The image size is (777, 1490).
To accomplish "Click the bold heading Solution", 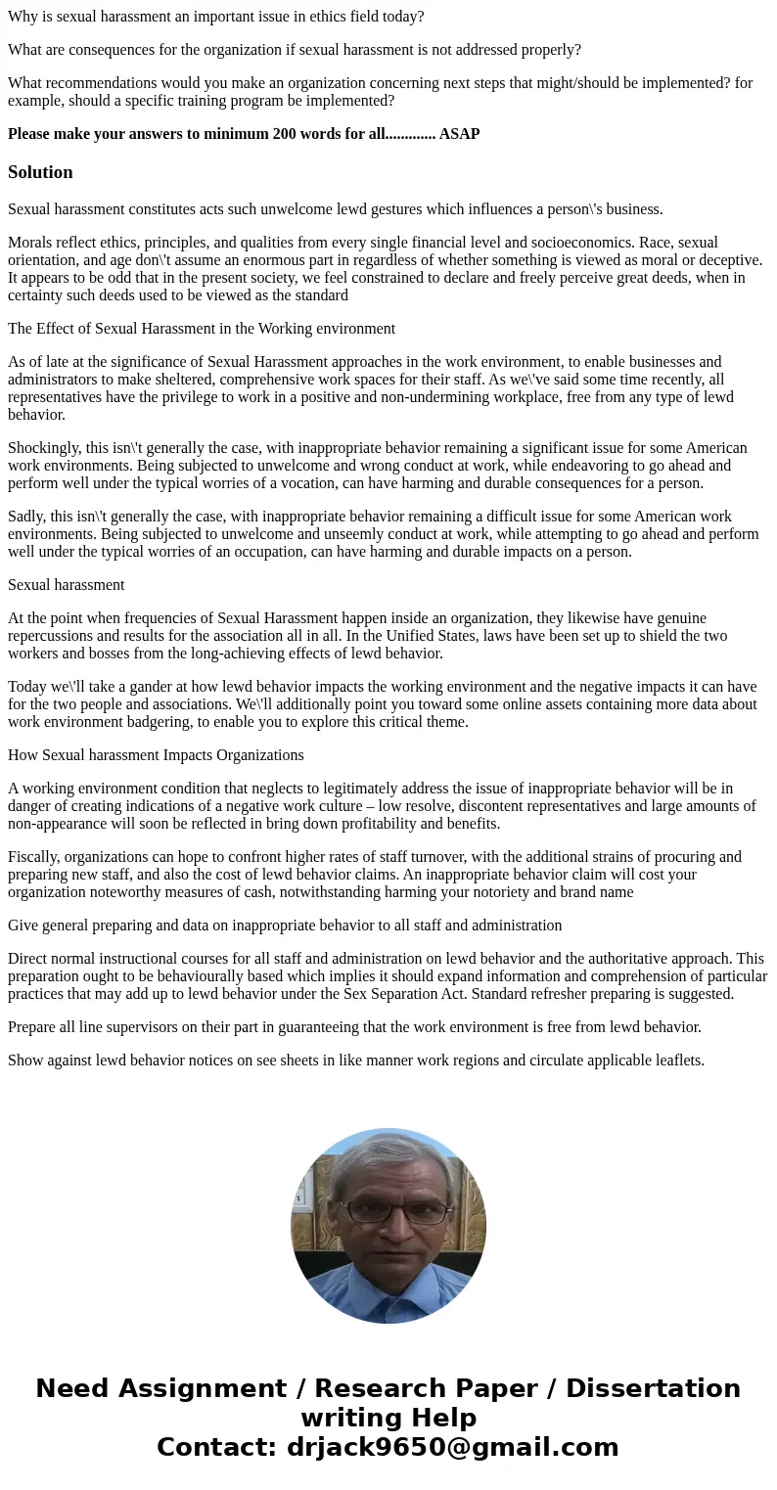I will [x=40, y=172].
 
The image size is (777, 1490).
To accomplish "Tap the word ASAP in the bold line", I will [x=459, y=134].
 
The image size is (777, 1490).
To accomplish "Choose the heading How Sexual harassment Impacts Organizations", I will [x=156, y=755].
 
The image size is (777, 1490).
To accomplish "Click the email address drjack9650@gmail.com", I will [x=452, y=1448].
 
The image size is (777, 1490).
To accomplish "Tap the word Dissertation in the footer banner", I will [x=653, y=1389].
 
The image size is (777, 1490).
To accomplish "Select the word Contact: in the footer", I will [x=217, y=1448].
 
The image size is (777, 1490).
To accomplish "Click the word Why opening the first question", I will [x=23, y=17].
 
